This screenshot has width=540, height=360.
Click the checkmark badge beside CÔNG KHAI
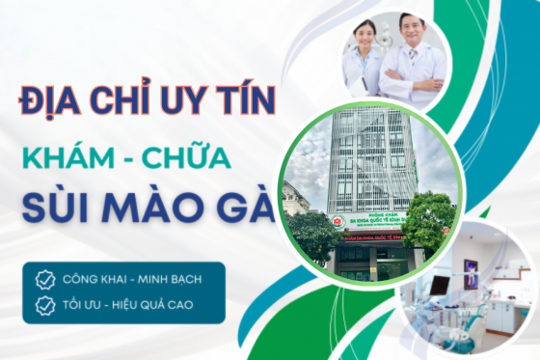pyautogui.click(x=45, y=280)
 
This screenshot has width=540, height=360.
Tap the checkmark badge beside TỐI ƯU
pyautogui.click(x=45, y=306)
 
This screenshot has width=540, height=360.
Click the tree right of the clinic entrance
pyautogui.click(x=430, y=220)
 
